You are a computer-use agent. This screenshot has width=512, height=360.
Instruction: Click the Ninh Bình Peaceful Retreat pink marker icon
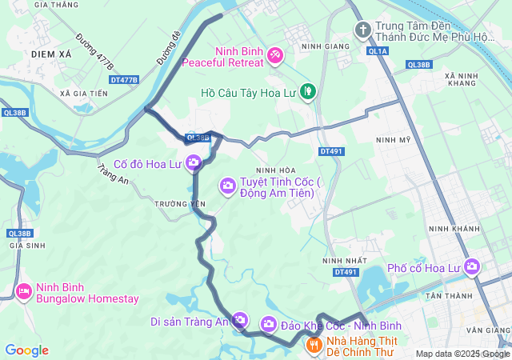coord(274,54)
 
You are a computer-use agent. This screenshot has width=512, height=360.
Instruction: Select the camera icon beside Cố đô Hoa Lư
coord(193,164)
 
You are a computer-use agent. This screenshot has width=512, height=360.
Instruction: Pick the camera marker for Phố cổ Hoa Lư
coord(472,266)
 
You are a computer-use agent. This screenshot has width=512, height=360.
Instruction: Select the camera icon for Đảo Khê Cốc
coord(268,325)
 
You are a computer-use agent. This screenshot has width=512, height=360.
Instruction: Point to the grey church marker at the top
coord(362,30)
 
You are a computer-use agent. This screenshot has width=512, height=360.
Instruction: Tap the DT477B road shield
coord(124,80)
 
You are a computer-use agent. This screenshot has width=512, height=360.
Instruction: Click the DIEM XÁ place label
coord(52,53)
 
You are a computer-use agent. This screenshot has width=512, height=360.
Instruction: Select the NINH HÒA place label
coord(276,170)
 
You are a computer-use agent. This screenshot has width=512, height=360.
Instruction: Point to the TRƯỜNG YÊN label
coord(180,204)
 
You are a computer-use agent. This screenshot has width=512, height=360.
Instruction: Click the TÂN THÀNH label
coord(469,296)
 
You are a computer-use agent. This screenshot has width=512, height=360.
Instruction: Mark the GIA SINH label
coord(26,246)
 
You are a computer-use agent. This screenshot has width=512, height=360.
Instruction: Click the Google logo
coord(26,350)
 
